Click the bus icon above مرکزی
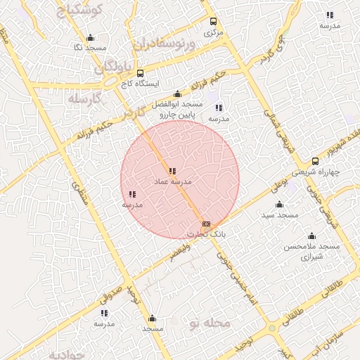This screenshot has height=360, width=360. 213,22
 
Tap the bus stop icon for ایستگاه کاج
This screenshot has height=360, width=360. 140,73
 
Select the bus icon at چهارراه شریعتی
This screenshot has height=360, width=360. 315,161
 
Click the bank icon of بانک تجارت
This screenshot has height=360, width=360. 206,224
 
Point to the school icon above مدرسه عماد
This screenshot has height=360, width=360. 172,171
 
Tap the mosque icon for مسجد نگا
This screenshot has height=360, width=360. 89,38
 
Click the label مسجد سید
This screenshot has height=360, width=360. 280,214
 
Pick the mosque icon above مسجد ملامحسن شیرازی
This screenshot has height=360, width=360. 311,236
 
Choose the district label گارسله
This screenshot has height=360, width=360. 86,99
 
